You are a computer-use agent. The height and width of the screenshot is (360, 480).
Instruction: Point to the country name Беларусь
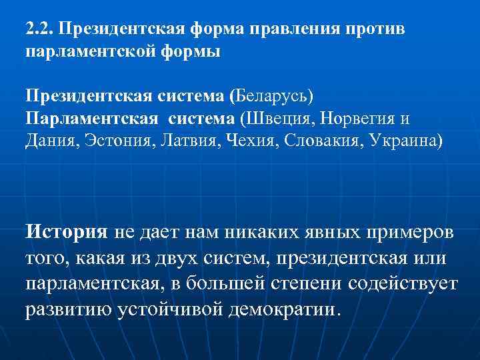pos(269,97)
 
